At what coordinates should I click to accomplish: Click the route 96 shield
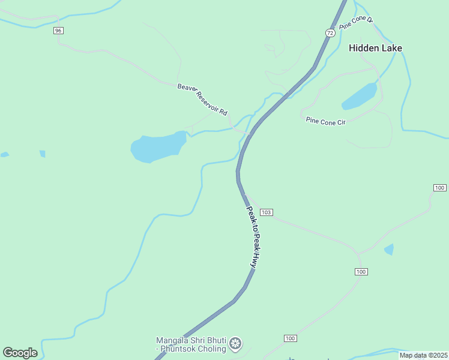pos(58,31)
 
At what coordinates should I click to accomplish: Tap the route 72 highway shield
pos(330,33)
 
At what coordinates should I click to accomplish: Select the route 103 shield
pos(267,212)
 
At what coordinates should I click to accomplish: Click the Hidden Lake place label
pos(375,48)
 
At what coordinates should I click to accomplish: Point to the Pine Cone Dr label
pos(357,23)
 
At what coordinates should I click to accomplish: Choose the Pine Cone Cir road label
pos(326,122)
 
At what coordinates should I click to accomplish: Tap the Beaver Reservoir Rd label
pos(202,100)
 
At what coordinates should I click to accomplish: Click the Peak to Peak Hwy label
pos(255,236)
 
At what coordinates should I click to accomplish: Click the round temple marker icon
pos(236,343)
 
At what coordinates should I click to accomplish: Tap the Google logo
pos(20,353)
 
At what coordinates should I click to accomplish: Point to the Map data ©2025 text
pos(423,355)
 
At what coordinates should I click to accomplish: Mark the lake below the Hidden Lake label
pos(360,96)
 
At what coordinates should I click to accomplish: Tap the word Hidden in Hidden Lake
pos(363,48)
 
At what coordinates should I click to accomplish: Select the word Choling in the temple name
pos(211,349)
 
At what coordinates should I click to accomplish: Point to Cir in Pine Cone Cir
pos(341,123)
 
